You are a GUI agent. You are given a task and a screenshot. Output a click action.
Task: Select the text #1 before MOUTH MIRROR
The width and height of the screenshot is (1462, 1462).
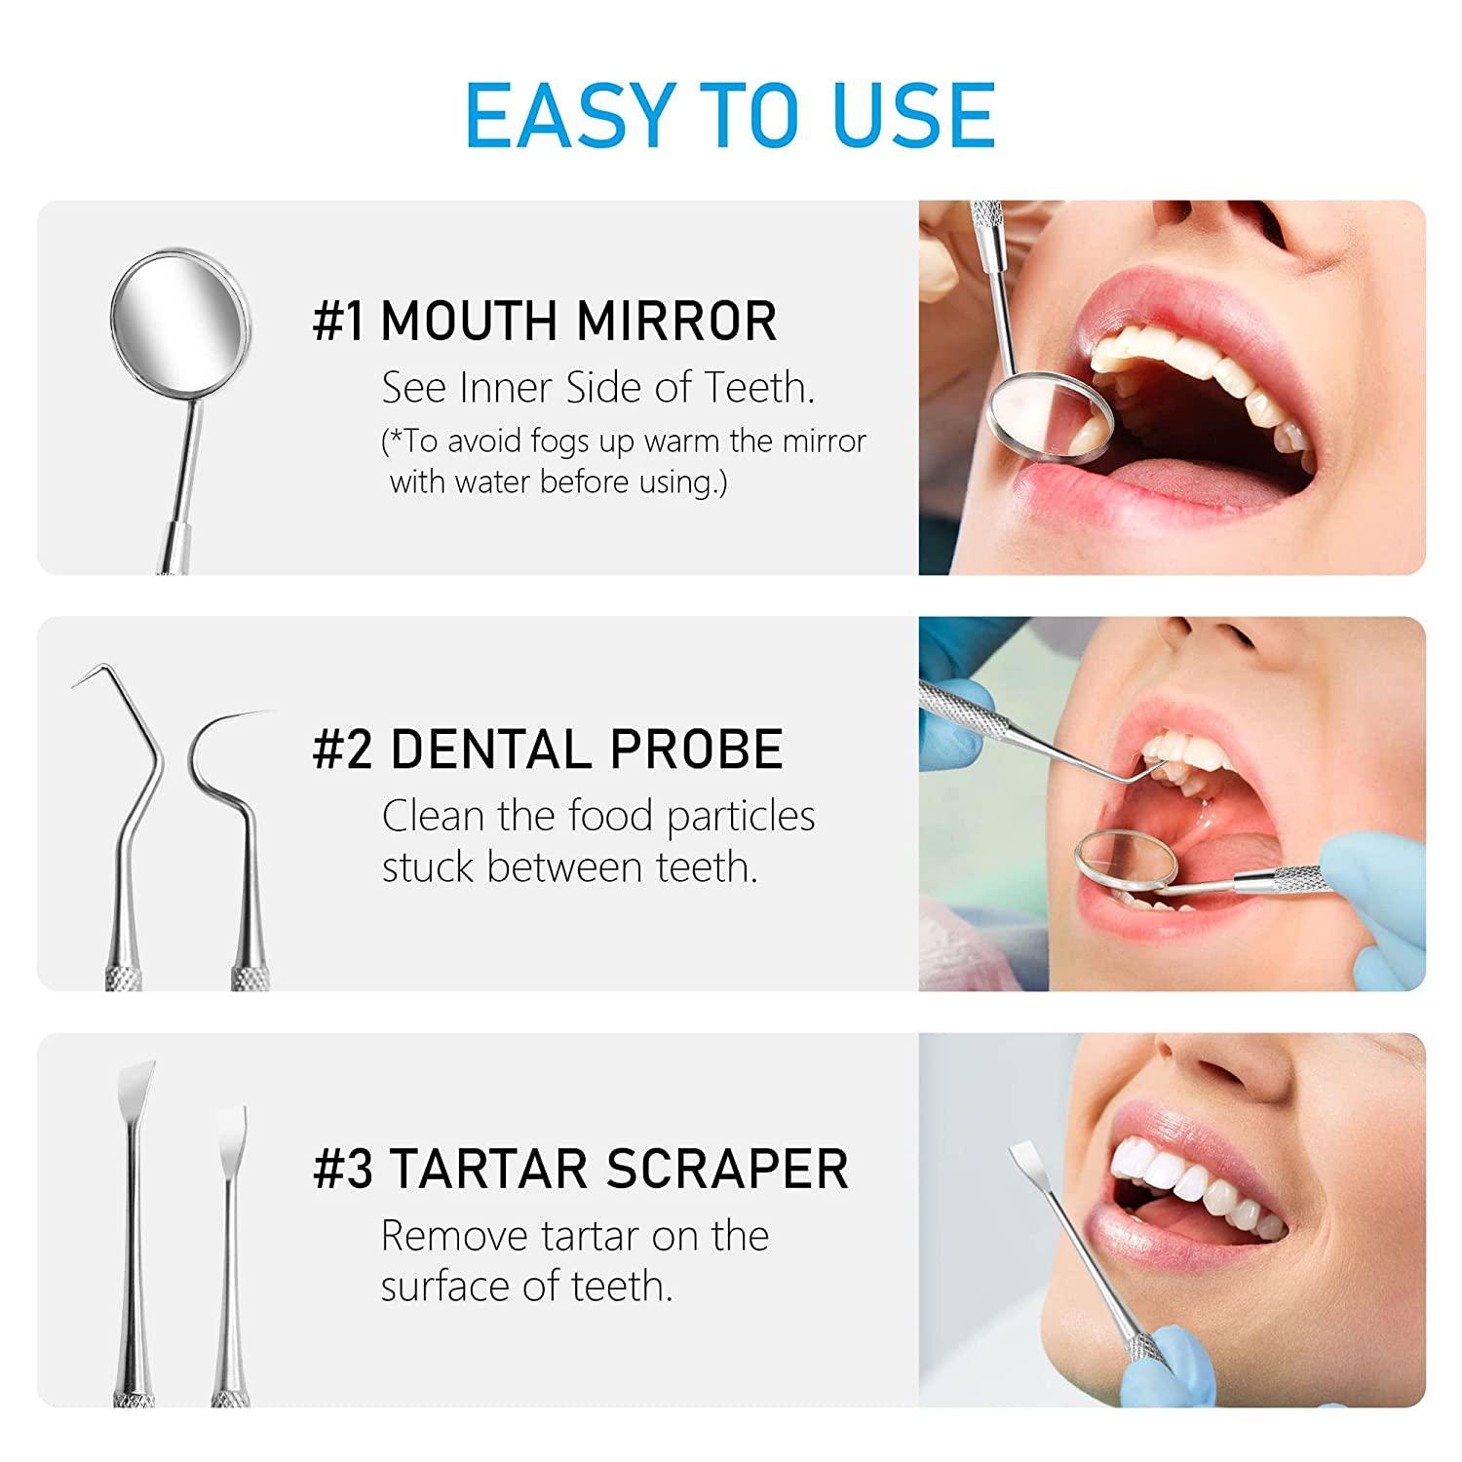pos(338,322)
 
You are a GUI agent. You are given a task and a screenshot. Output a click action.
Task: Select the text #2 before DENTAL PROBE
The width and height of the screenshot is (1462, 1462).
pos(342,750)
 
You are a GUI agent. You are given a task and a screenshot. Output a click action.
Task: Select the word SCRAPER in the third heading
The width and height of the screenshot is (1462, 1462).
pos(727,1169)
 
